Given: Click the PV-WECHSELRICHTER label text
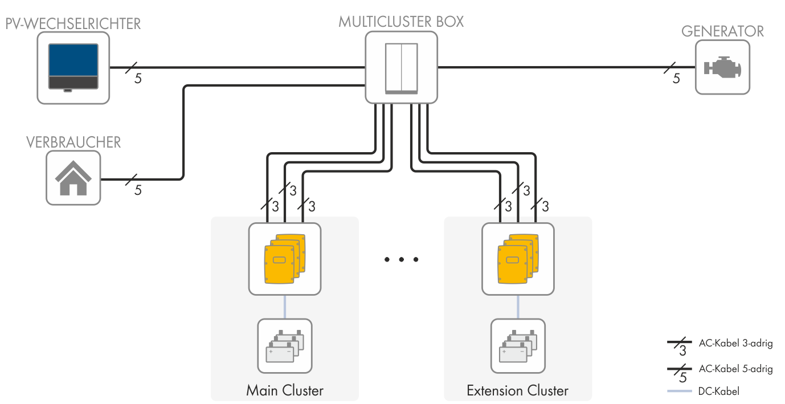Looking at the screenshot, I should click(72, 24).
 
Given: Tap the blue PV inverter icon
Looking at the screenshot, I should click(73, 68).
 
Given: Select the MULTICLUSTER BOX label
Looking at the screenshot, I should click(401, 22).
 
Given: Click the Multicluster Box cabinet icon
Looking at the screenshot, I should click(401, 67).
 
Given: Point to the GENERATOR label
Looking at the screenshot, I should click(722, 31).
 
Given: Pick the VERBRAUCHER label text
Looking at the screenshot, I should click(73, 142).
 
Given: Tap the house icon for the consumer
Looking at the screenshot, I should click(73, 178).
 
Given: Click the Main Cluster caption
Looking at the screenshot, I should click(285, 391).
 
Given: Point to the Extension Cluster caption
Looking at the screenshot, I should click(517, 391).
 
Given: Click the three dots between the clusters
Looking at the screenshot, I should click(401, 260).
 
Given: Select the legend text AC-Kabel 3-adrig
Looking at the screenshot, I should click(735, 343).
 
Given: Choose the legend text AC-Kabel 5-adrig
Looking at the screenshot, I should click(735, 369).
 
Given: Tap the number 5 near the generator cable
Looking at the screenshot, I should click(676, 79).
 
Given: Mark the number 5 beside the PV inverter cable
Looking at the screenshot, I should click(138, 79).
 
